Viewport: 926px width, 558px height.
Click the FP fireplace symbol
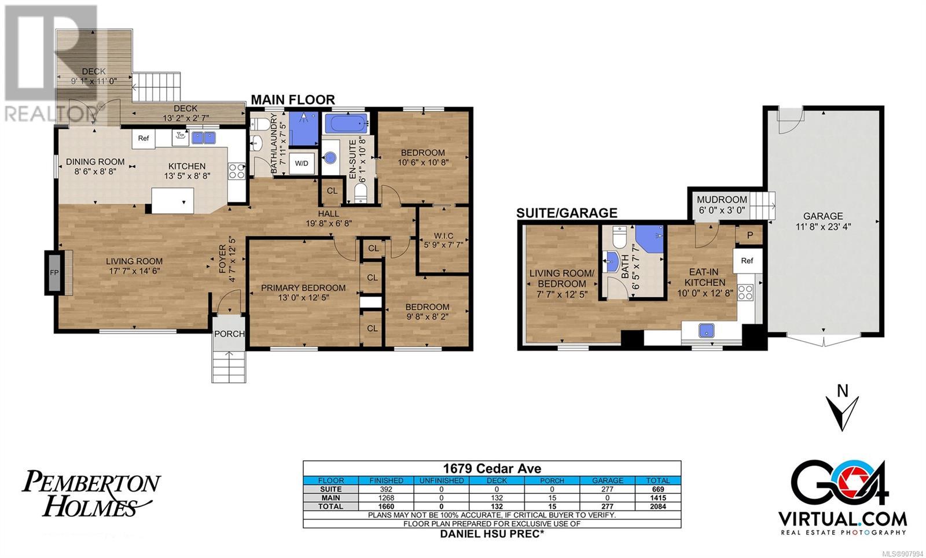point(54,272)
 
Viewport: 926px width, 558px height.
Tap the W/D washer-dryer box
point(302,163)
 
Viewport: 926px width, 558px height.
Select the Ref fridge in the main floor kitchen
point(144,138)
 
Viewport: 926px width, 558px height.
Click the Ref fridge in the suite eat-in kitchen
point(747,261)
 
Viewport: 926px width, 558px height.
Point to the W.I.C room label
point(443,236)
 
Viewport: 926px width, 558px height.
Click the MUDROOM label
point(722,200)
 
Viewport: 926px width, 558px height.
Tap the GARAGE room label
point(822,216)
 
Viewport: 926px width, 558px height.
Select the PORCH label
point(229,334)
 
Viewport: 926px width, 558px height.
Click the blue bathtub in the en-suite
point(347,123)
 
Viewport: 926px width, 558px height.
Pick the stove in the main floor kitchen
point(237,171)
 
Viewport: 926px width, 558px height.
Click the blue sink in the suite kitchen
point(707,330)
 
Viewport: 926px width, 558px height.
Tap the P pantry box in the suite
point(749,235)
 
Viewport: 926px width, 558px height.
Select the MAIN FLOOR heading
point(293,99)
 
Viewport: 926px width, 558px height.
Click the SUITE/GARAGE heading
point(567,213)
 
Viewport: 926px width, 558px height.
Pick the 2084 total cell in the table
point(657,507)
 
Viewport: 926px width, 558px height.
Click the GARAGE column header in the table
point(607,481)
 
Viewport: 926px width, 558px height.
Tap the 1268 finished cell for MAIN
point(386,498)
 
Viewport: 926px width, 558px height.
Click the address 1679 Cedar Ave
point(492,468)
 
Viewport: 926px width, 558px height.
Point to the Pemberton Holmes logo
point(91,493)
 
